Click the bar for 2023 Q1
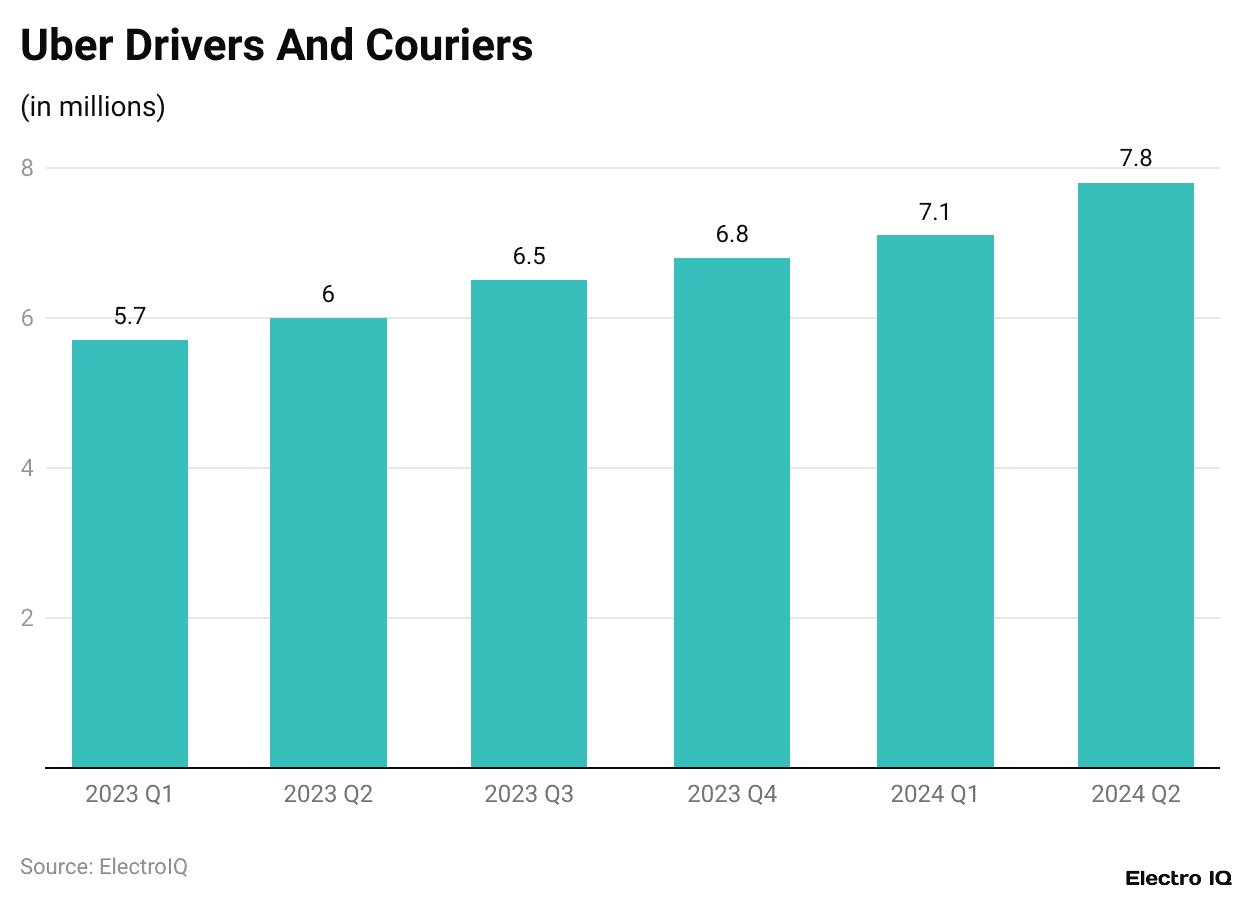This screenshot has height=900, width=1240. click(x=130, y=554)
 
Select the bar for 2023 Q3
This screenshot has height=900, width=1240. click(x=529, y=524)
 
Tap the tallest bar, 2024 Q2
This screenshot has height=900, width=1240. click(x=1136, y=475)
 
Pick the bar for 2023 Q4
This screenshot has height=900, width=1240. click(x=732, y=513)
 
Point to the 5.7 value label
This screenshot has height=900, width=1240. click(x=130, y=317)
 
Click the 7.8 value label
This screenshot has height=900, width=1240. click(x=1136, y=159)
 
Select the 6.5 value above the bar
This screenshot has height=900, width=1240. click(x=529, y=257)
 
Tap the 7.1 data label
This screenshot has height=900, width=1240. click(x=935, y=212)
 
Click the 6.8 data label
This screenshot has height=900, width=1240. click(x=732, y=235)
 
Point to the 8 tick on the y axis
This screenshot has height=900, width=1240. click(x=27, y=168)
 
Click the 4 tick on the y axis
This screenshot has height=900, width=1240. click(x=27, y=468)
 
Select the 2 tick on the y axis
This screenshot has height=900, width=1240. click(x=27, y=618)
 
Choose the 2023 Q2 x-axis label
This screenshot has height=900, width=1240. click(x=328, y=795)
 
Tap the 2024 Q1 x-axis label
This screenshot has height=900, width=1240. click(x=935, y=795)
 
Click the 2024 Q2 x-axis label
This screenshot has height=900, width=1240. click(x=1136, y=795)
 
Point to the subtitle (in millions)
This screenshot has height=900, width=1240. click(x=92, y=106)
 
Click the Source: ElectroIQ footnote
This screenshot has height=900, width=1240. click(x=104, y=866)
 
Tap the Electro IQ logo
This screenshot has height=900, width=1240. click(x=1178, y=878)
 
